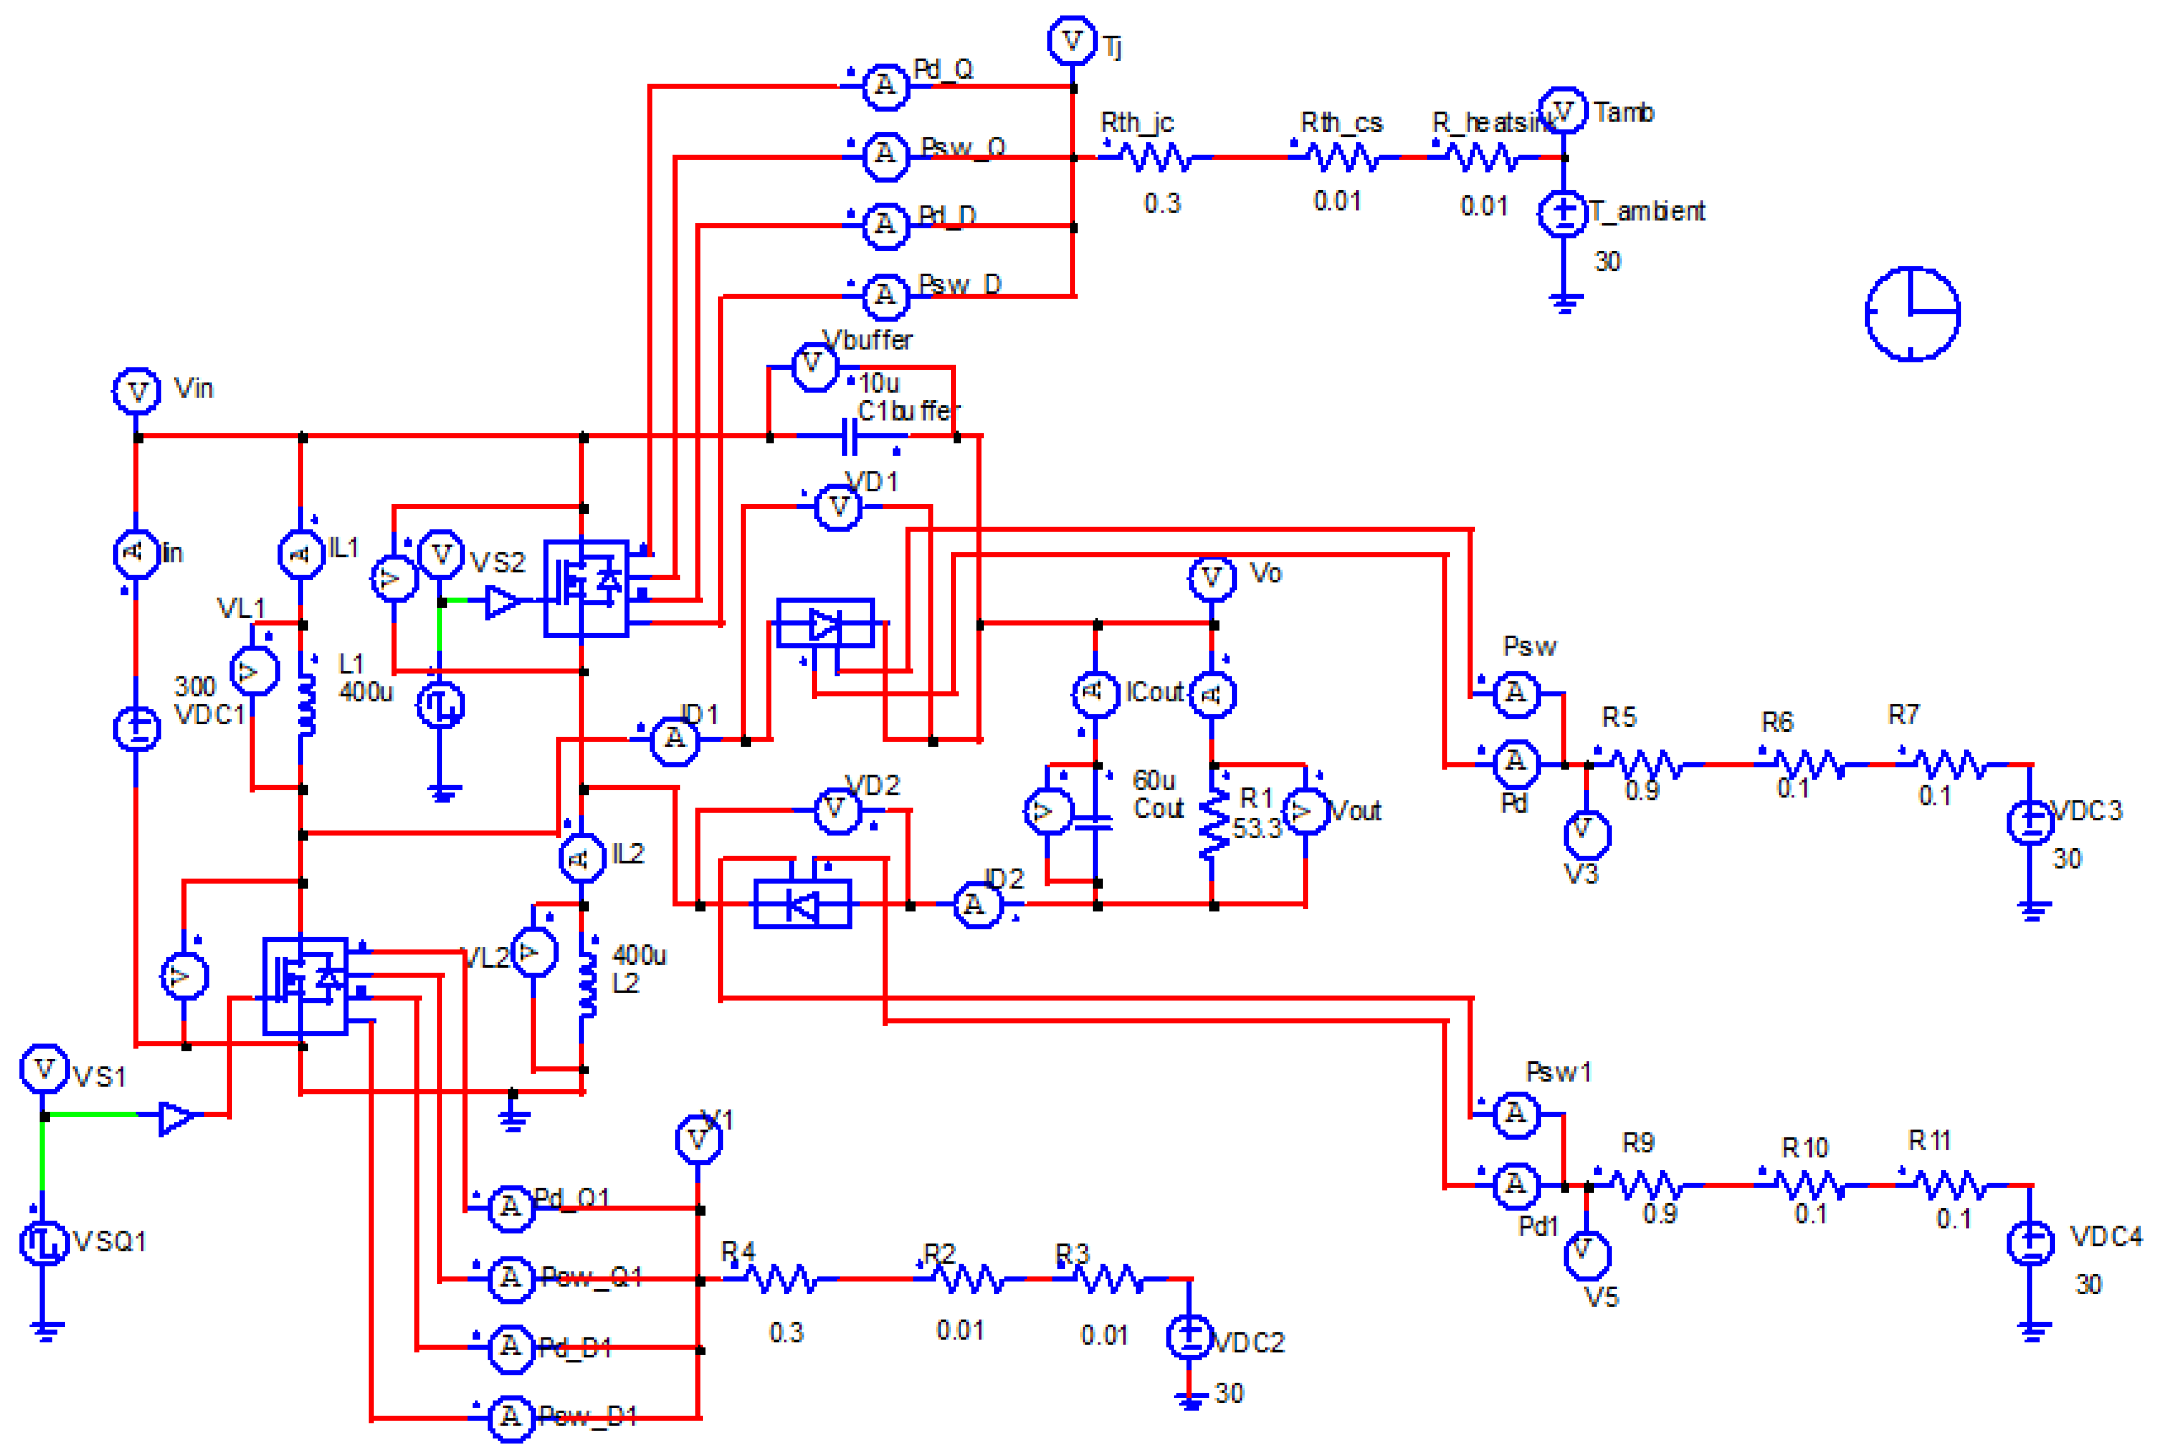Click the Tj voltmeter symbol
(x=1072, y=41)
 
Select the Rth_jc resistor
(x=1156, y=158)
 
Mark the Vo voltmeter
(x=1212, y=577)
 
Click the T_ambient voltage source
(x=1564, y=214)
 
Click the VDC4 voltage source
(x=2031, y=1241)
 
